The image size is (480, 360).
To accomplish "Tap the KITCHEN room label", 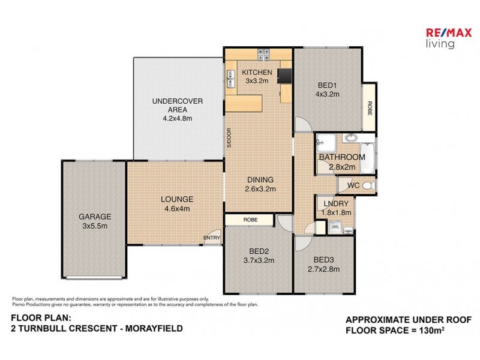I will point(257,73).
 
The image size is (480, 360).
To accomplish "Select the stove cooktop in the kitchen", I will point(263,55).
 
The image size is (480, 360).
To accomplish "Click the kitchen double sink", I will point(230,79).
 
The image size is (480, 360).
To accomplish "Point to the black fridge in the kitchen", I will point(284,75).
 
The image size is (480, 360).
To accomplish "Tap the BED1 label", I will point(328,85).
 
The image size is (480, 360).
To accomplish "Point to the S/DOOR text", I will point(229,138).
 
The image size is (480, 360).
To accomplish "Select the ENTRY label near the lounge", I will point(212,238).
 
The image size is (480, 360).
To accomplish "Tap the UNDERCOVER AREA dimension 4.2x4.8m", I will point(177,118).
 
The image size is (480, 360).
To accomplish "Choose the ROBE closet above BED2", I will point(251,220).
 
